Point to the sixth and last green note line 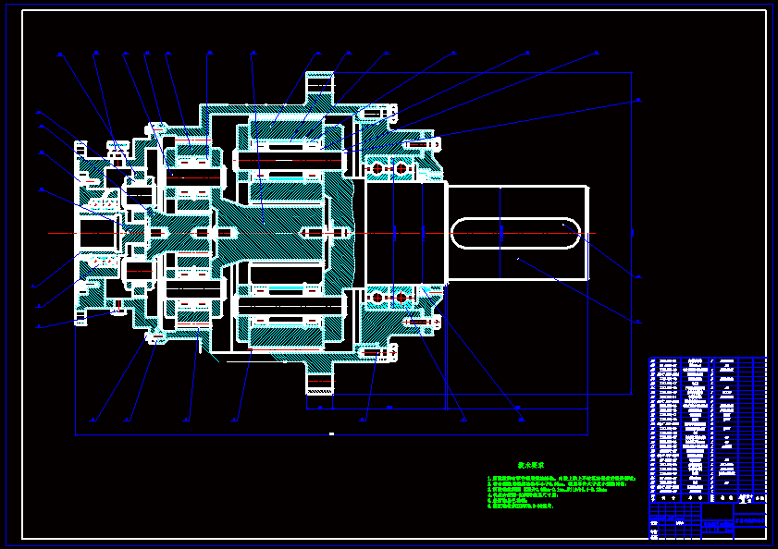(x=522, y=506)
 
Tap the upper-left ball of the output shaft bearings (x=377, y=169)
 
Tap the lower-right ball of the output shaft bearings (x=401, y=298)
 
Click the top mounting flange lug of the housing (x=319, y=89)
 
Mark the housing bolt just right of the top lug (x=374, y=114)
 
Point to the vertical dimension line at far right (x=632, y=233)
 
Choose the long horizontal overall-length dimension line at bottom (x=331, y=433)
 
